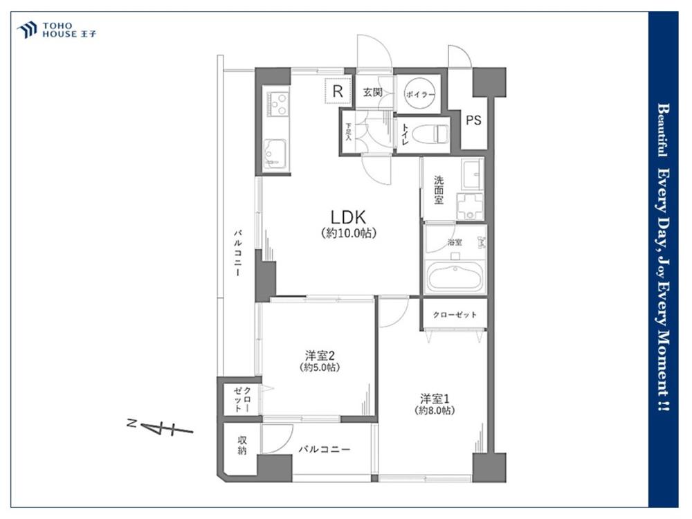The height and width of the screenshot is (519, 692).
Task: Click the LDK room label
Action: [x=349, y=217]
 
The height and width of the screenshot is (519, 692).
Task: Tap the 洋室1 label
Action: [x=435, y=399]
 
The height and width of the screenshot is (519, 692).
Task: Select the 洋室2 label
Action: [x=320, y=355]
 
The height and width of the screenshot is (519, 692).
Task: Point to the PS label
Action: [x=473, y=120]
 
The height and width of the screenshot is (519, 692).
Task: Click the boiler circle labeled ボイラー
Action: [x=420, y=93]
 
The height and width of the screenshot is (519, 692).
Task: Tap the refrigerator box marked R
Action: [x=338, y=91]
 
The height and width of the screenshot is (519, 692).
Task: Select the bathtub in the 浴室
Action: [x=455, y=277]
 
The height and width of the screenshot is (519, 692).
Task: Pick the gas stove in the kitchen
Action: [x=277, y=104]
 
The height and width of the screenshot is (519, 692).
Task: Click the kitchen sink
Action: [x=275, y=154]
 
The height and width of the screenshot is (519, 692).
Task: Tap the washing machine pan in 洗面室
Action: [x=471, y=206]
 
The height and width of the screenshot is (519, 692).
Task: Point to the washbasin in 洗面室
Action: [x=472, y=174]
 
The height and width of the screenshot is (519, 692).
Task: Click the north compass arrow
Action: [x=164, y=427]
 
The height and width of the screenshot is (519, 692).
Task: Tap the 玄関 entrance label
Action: [x=372, y=92]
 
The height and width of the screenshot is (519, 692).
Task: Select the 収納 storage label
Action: [x=242, y=445]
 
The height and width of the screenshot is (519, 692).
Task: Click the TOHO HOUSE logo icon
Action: [x=26, y=29]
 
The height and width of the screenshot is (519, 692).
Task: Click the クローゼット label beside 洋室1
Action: [x=455, y=315]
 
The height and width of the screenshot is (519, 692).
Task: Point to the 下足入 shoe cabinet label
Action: [x=349, y=131]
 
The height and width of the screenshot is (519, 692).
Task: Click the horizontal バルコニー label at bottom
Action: [x=325, y=449]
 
